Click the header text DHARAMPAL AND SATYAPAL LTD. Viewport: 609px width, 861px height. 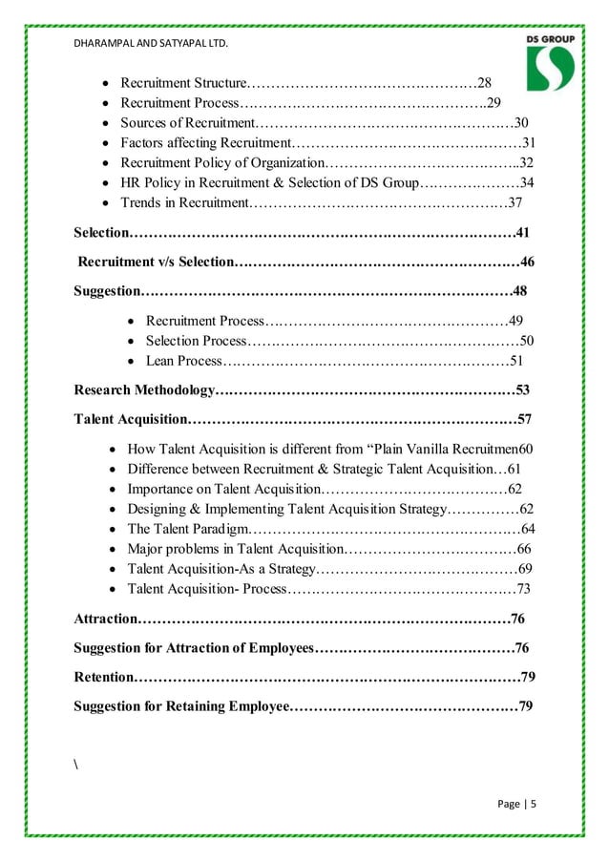click(150, 43)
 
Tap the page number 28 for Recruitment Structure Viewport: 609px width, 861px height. click(484, 82)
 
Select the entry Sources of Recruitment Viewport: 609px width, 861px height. click(186, 122)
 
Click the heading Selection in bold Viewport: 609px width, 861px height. click(101, 232)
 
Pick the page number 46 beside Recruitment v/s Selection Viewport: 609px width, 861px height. click(527, 262)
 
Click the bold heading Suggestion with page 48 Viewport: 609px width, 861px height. click(108, 291)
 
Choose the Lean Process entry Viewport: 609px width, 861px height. click(182, 361)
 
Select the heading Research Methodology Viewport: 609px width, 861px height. click(144, 389)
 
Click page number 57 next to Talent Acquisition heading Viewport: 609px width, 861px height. click(524, 419)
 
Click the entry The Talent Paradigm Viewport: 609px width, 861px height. click(187, 529)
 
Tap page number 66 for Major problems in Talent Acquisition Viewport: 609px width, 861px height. click(523, 549)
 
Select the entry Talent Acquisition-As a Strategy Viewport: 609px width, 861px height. click(220, 569)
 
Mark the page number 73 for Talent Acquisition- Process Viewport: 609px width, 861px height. click(523, 589)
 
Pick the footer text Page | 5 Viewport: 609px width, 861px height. click(517, 804)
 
